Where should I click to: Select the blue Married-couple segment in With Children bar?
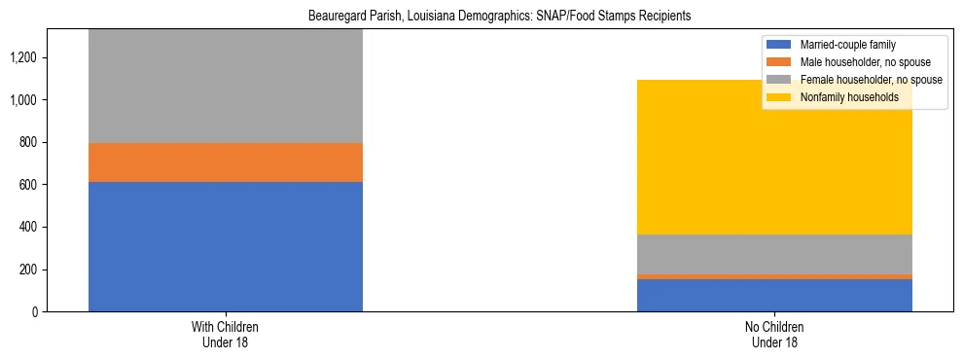pyautogui.click(x=225, y=246)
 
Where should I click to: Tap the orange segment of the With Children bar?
pyautogui.click(x=225, y=162)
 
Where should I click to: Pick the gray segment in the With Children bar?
pyautogui.click(x=225, y=87)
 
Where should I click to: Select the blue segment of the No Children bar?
pyautogui.click(x=774, y=295)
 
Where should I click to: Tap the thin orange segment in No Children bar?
pyautogui.click(x=774, y=276)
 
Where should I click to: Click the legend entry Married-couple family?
pyautogui.click(x=847, y=45)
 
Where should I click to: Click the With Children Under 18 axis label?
pyautogui.click(x=225, y=334)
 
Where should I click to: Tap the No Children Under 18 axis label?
pyautogui.click(x=774, y=334)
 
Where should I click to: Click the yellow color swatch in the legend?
pyautogui.click(x=779, y=97)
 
